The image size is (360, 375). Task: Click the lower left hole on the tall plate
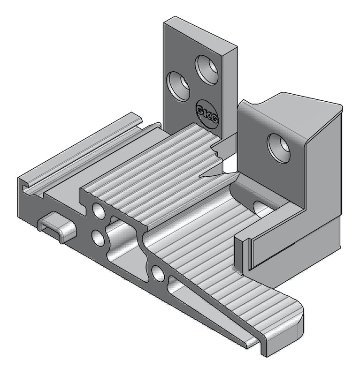pos(178,86)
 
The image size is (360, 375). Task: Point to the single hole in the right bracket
pos(278,149)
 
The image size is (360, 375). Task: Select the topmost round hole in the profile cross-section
pos(99,210)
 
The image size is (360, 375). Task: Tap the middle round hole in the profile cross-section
pos(98,238)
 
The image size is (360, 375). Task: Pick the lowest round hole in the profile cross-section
pos(158,273)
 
